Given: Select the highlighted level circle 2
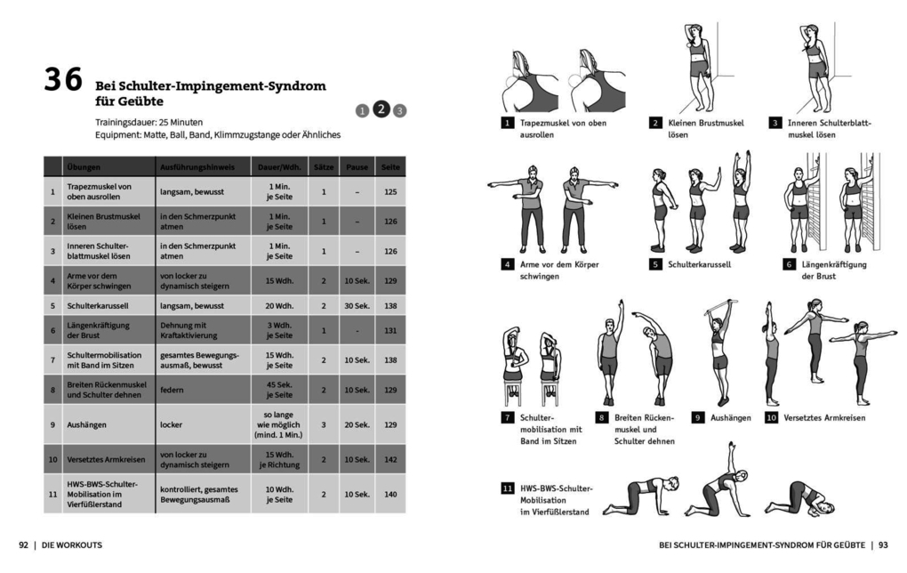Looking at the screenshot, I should coord(381,109).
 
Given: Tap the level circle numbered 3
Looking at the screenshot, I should coord(400,111).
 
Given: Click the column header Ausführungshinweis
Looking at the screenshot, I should coord(197,166).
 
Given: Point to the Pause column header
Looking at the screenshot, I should coord(357,166).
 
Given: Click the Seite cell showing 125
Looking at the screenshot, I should coord(390,191).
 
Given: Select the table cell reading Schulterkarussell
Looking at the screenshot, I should coord(95,305).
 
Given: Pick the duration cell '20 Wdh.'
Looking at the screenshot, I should coord(279,305).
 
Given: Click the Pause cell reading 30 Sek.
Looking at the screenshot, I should coord(357,305).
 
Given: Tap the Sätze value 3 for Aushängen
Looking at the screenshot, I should coord(324,425).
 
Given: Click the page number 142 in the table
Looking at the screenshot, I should coord(390,460).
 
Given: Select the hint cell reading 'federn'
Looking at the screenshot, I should coord(172,390).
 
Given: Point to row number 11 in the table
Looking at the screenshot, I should coord(52,494).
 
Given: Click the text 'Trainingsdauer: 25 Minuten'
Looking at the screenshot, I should coord(148,122).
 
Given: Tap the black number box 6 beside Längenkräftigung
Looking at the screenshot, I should coord(788,264).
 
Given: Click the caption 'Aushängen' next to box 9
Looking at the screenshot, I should coord(731,417).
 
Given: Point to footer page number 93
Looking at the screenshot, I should coord(883,545).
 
